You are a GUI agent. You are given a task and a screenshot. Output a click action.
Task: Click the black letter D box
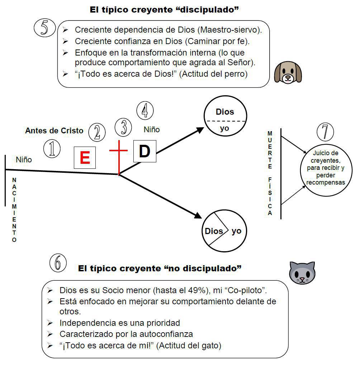pyautogui.click(x=145, y=151)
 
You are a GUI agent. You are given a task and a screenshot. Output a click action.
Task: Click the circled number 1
pyautogui.click(x=52, y=148)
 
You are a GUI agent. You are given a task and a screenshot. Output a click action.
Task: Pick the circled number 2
pyautogui.click(x=96, y=132)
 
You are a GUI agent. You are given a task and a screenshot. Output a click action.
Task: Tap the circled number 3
pyautogui.click(x=124, y=127)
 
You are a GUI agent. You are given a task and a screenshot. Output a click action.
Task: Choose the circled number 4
pyautogui.click(x=145, y=110)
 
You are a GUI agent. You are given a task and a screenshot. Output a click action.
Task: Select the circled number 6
pyautogui.click(x=58, y=264)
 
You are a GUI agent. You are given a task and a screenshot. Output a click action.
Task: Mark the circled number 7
pyautogui.click(x=325, y=132)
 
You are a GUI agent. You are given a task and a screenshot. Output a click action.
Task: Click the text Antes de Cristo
pyautogui.click(x=54, y=130)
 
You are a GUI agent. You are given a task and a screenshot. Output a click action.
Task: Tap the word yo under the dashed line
pyautogui.click(x=224, y=128)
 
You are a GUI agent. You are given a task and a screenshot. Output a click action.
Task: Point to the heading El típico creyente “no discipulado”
pyautogui.click(x=160, y=268)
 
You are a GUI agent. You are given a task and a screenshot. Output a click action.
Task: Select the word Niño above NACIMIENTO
pyautogui.click(x=24, y=159)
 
